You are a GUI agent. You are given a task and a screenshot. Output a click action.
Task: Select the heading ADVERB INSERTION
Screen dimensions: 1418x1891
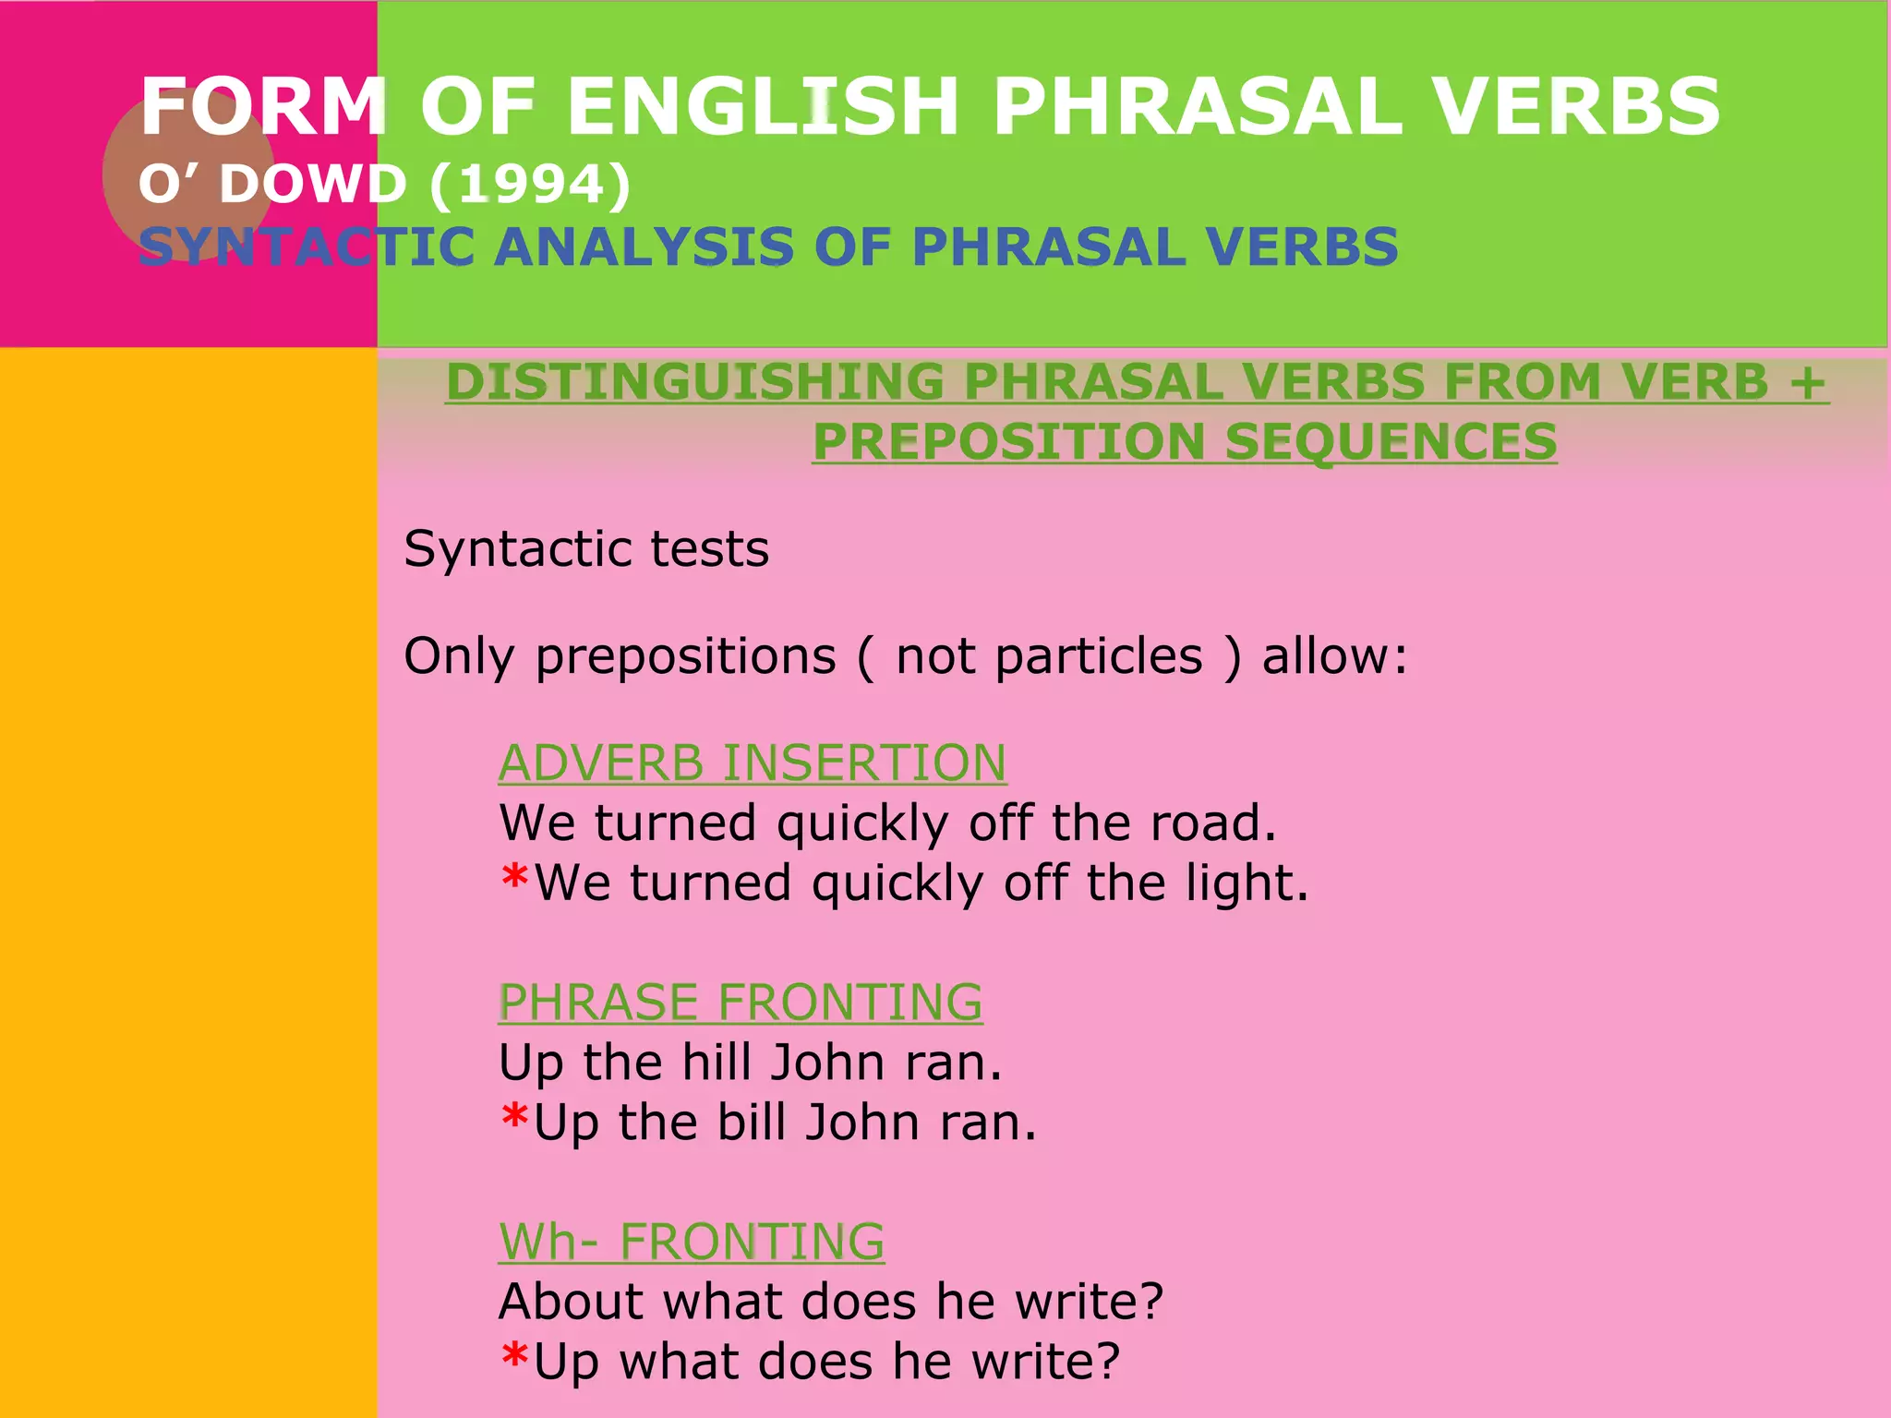752,763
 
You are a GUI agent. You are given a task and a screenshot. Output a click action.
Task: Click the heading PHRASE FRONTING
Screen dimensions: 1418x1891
740,1003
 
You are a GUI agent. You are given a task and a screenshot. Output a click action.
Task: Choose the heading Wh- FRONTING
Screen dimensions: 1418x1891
691,1242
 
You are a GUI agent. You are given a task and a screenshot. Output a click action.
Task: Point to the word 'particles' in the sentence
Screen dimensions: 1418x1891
1099,656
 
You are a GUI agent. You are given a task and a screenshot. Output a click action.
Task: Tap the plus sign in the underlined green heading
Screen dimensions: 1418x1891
1807,382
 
